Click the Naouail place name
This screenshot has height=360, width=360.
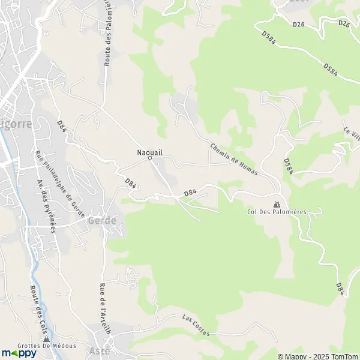coord(149,152)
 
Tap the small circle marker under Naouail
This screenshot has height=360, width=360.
coord(150,158)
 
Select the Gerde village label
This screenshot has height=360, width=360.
coord(102,220)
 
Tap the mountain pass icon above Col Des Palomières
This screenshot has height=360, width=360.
coord(277,204)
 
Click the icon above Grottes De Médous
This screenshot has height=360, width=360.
coord(46,338)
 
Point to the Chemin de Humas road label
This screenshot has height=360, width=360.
coord(234,159)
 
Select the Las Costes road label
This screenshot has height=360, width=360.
coord(196,325)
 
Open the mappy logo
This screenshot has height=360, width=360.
coord(19,353)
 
